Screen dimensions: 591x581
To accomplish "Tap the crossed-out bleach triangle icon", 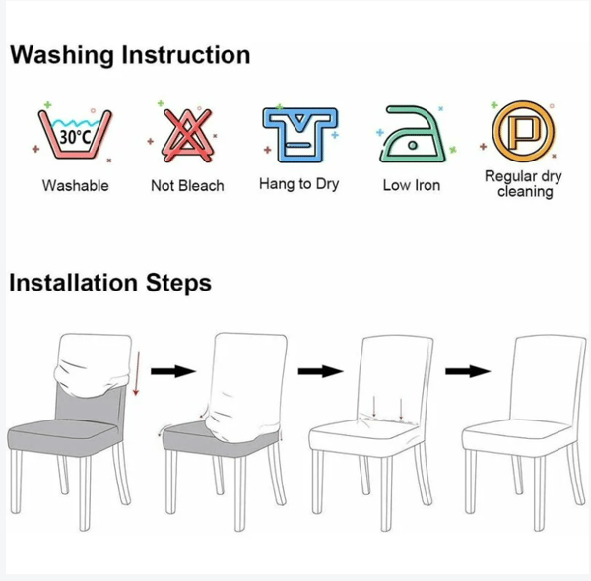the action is pyautogui.click(x=187, y=136).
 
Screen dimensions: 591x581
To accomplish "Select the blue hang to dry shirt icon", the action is pyautogui.click(x=300, y=135).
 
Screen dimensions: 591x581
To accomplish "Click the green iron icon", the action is pyautogui.click(x=413, y=135).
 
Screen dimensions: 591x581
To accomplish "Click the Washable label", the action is pyautogui.click(x=76, y=186).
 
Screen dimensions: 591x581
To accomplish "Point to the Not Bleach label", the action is pyautogui.click(x=187, y=186).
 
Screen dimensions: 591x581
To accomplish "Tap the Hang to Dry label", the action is pyautogui.click(x=299, y=184).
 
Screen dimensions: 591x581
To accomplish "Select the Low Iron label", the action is pyautogui.click(x=412, y=185).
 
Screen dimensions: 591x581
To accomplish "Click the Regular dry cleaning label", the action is pyautogui.click(x=524, y=184).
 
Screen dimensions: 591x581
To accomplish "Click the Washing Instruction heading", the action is pyautogui.click(x=130, y=55).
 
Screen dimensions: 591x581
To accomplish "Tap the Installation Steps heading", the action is pyautogui.click(x=110, y=283).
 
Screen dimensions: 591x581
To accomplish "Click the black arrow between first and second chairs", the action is pyautogui.click(x=173, y=371).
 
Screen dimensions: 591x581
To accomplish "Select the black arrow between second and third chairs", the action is pyautogui.click(x=321, y=371).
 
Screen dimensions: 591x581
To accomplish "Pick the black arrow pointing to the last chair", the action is pyautogui.click(x=468, y=371).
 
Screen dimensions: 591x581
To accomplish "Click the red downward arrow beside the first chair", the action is pyautogui.click(x=137, y=373).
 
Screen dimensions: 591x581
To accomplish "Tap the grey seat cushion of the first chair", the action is pyautogui.click(x=62, y=435).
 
